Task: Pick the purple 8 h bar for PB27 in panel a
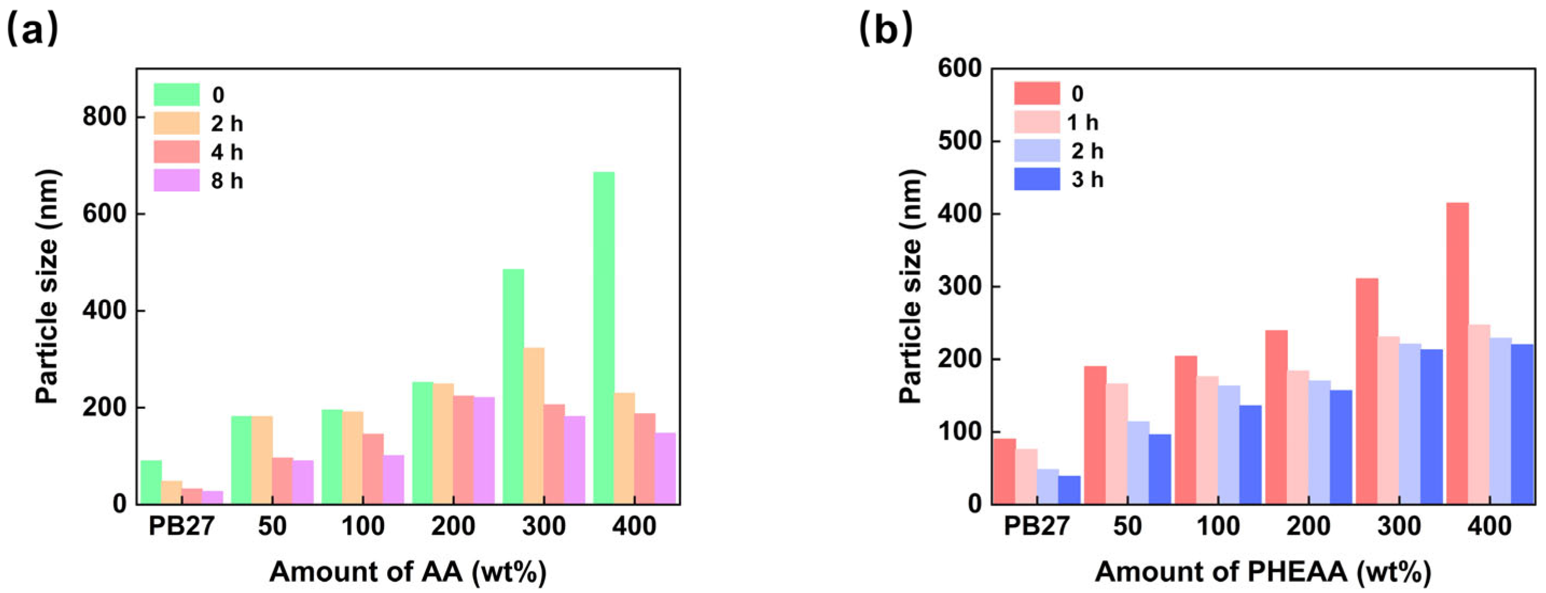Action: [213, 498]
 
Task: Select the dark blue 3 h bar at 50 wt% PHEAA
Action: [1159, 469]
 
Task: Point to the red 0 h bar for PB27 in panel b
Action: [1005, 471]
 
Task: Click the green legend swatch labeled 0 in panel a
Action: [177, 94]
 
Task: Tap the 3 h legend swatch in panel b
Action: [1037, 179]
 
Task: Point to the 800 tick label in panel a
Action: [105, 117]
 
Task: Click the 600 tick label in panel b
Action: [960, 69]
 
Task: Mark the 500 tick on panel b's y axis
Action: [960, 142]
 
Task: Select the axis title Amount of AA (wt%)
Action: [408, 572]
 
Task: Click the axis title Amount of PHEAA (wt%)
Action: [1263, 572]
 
